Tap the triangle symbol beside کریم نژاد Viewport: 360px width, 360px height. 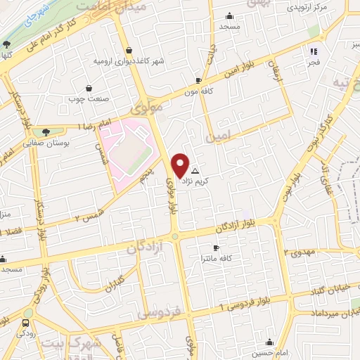(x=195, y=171)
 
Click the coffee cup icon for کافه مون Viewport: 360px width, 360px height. (x=199, y=80)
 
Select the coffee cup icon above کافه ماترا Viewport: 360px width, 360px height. (x=216, y=248)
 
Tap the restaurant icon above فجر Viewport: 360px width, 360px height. (x=314, y=51)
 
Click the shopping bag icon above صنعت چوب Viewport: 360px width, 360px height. (x=89, y=88)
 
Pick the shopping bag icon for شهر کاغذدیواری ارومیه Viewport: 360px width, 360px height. (x=129, y=50)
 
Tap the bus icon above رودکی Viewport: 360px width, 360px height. (x=26, y=323)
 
